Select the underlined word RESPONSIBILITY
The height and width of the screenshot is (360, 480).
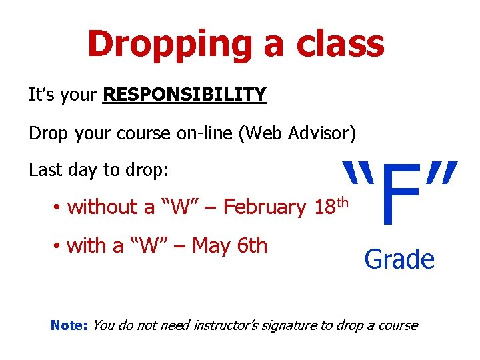[185, 95]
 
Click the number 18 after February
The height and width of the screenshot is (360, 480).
[324, 208]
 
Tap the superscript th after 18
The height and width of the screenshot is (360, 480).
[343, 201]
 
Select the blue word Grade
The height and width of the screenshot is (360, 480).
[399, 259]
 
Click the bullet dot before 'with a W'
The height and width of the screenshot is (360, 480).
[58, 247]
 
